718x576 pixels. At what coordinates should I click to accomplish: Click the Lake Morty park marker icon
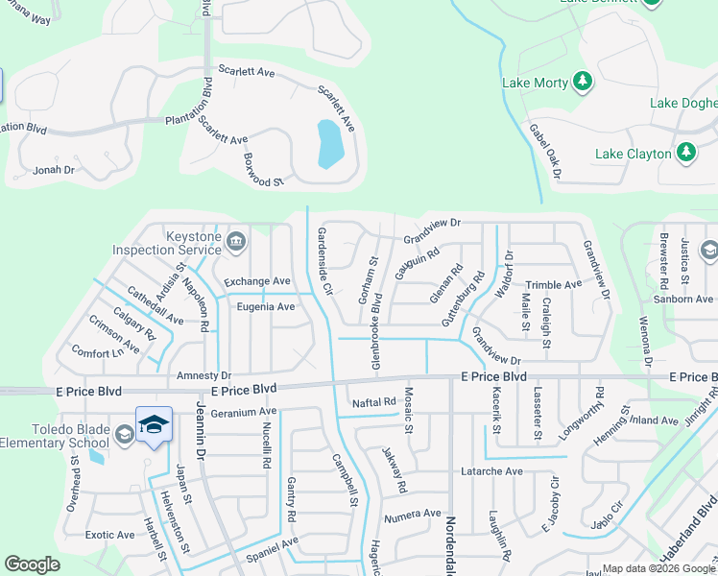pyautogui.click(x=582, y=83)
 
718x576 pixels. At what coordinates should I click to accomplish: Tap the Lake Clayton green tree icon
pyautogui.click(x=685, y=153)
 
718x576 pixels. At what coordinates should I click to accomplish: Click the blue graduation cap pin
pyautogui.click(x=154, y=422)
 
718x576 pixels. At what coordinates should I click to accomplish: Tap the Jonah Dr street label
pyautogui.click(x=54, y=170)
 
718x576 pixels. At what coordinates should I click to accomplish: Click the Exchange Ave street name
pyautogui.click(x=256, y=281)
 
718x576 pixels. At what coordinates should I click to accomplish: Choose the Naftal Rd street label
pyautogui.click(x=374, y=402)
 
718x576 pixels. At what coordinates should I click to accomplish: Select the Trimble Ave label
pyautogui.click(x=554, y=285)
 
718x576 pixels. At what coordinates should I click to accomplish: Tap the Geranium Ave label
pyautogui.click(x=244, y=411)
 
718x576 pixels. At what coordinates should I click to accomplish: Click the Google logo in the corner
pyautogui.click(x=33, y=564)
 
